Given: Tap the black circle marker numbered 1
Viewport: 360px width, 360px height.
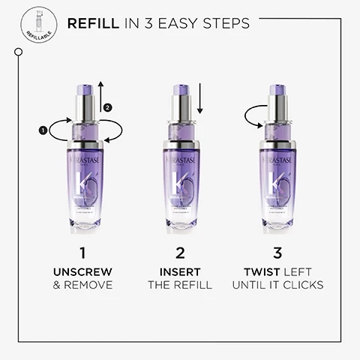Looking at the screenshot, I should coord(42,131).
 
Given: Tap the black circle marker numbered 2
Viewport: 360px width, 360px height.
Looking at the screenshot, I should coord(107,107).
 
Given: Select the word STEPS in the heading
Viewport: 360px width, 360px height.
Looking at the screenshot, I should coord(222,25).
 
